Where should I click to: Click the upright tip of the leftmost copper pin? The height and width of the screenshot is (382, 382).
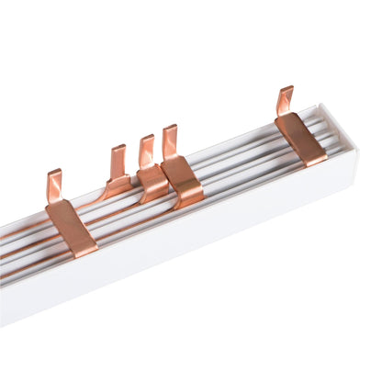click(54, 182)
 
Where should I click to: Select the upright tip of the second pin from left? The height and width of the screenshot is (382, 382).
click(118, 158)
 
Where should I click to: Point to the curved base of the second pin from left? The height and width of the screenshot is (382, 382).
click(117, 187)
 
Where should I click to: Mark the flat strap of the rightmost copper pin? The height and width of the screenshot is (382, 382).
click(301, 137)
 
